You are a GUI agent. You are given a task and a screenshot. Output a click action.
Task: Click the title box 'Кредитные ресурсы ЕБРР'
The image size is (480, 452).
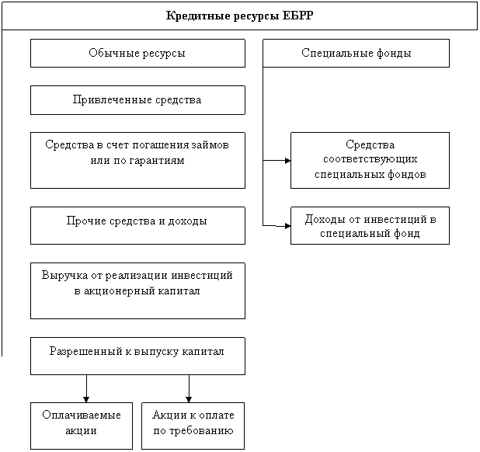pos(240,16)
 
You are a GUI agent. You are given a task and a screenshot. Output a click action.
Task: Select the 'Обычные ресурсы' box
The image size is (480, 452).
pos(137,54)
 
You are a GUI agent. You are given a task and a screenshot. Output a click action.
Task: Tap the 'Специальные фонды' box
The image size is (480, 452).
pos(356,54)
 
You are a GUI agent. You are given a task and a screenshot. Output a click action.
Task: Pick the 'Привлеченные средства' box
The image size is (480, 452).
pos(137,100)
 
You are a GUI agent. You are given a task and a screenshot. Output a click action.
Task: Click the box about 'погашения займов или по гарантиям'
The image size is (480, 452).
pos(137,160)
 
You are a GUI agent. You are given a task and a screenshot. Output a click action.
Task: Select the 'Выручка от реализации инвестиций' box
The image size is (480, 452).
pos(137,290)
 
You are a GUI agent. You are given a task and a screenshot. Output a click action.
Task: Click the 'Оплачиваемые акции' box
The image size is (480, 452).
pos(82,425)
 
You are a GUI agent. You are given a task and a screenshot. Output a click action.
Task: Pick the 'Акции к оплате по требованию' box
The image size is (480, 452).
pos(193,425)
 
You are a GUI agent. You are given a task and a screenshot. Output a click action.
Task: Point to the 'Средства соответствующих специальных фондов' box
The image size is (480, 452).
pos(370,160)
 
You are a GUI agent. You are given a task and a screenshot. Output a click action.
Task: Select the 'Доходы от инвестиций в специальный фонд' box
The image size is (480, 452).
pos(370,225)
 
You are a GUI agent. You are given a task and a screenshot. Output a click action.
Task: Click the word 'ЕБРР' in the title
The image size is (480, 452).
pos(298,16)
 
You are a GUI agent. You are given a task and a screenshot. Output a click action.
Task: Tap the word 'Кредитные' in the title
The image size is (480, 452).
pos(194,16)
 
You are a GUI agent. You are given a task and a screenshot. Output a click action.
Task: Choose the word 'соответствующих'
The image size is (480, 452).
pos(370,160)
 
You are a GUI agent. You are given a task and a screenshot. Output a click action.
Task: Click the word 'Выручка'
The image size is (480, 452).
pos(63,276)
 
